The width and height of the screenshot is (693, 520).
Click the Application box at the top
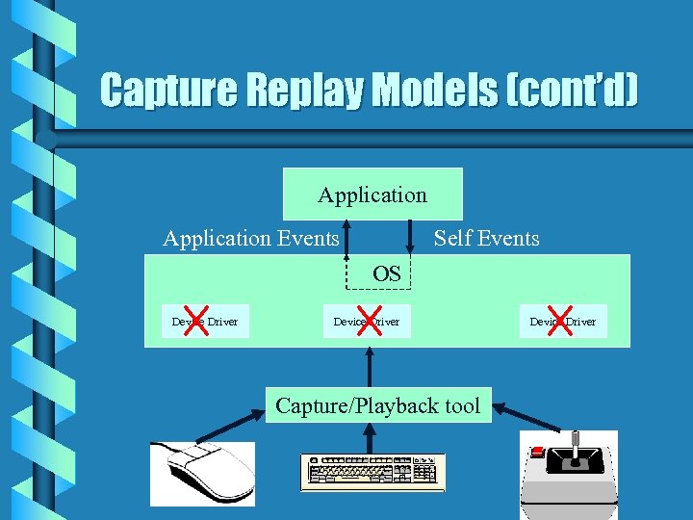coord(372,195)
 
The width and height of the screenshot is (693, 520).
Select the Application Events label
coord(250,238)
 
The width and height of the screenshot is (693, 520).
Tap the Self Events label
coord(486,238)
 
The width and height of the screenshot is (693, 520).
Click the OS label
coord(387,273)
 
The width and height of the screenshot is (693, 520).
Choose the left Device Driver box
coord(205,322)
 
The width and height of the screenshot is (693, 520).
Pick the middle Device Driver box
coord(366,322)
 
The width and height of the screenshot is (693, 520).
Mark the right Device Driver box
coord(563,322)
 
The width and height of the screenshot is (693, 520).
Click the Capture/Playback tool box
coord(377,405)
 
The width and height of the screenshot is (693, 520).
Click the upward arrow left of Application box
coord(348,241)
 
